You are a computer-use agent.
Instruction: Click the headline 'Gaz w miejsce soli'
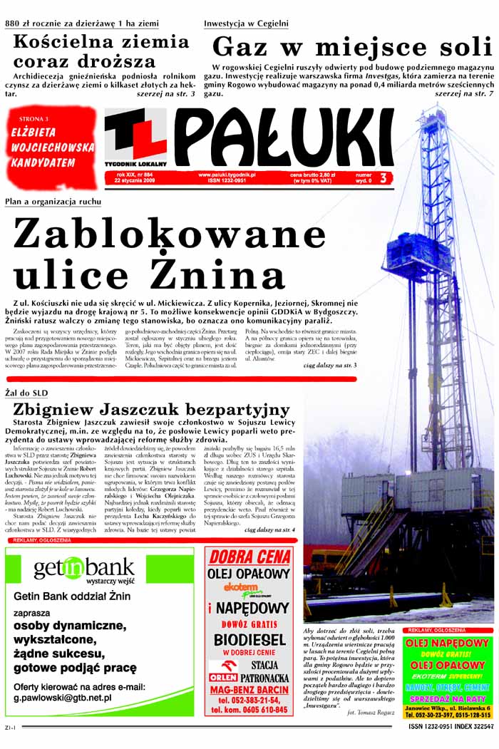(352, 47)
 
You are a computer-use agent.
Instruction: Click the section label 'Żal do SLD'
(26, 393)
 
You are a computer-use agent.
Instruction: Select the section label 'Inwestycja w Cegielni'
(246, 24)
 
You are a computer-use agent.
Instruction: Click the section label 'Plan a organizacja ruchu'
(53, 202)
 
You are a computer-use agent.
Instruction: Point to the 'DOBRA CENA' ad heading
(249, 557)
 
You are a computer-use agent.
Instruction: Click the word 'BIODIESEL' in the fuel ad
(249, 639)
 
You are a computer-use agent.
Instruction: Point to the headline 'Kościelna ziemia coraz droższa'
(101, 51)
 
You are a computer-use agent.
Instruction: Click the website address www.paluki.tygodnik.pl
(227, 175)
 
